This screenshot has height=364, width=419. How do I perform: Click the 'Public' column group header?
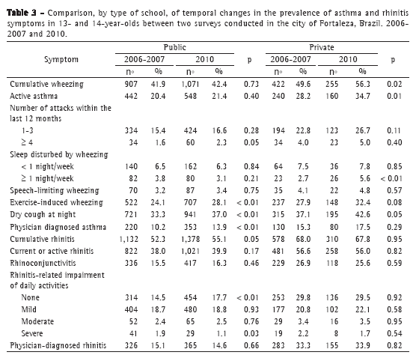pos(175,47)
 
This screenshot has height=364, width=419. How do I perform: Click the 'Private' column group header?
pos(322,47)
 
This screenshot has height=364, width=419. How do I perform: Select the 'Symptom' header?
pos(61,59)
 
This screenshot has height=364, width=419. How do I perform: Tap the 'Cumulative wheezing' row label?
pos(46,84)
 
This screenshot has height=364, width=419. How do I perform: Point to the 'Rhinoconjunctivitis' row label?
pos(43,263)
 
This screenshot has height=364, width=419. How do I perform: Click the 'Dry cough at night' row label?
pos(43,214)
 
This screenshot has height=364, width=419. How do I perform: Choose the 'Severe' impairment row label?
pos(32,333)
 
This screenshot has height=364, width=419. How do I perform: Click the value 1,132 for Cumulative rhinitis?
pos(129,239)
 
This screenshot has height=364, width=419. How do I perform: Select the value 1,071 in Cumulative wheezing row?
pos(190,84)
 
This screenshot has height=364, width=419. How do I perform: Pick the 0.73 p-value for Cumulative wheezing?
pos(251,84)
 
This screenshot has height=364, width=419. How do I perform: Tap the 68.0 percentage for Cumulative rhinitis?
pos(303,239)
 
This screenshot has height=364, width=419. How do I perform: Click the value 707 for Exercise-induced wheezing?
pos(190,202)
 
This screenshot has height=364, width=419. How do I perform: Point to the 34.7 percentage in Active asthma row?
pos(362,97)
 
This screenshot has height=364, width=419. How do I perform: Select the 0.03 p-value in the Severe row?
pos(251,333)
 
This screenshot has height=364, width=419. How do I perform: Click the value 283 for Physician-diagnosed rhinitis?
pos(278,345)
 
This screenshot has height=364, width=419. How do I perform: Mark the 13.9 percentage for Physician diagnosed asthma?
pos(219,228)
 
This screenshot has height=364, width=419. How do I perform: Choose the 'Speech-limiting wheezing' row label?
pos(55,190)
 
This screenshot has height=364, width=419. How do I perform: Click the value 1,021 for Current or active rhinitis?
pos(190,251)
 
